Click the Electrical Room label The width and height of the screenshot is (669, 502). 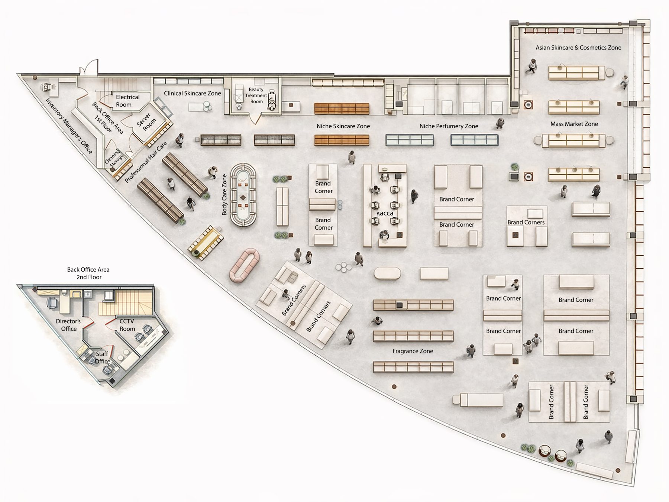[x=127, y=101]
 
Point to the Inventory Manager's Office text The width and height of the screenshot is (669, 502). [x=69, y=126]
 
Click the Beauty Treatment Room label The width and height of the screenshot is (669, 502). [x=256, y=95]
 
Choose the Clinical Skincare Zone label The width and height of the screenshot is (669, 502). [x=193, y=93]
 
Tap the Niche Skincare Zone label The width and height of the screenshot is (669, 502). [x=343, y=126]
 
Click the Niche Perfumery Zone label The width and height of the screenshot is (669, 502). [x=449, y=126]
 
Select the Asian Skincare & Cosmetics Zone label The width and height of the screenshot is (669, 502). [x=578, y=48]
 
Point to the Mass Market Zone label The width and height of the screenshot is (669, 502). [x=574, y=124]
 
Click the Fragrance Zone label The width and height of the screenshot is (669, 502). [x=413, y=351]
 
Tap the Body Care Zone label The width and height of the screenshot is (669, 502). [x=224, y=195]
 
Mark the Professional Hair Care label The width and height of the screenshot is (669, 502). [x=146, y=162]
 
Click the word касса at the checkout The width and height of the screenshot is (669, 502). [x=385, y=214]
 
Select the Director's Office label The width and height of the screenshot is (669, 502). [x=69, y=325]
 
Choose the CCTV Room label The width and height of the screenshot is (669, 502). [x=127, y=325]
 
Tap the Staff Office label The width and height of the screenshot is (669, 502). [x=102, y=357]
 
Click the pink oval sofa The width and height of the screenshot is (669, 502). [x=245, y=265]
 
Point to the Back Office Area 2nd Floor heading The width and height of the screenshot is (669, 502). [x=88, y=273]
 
